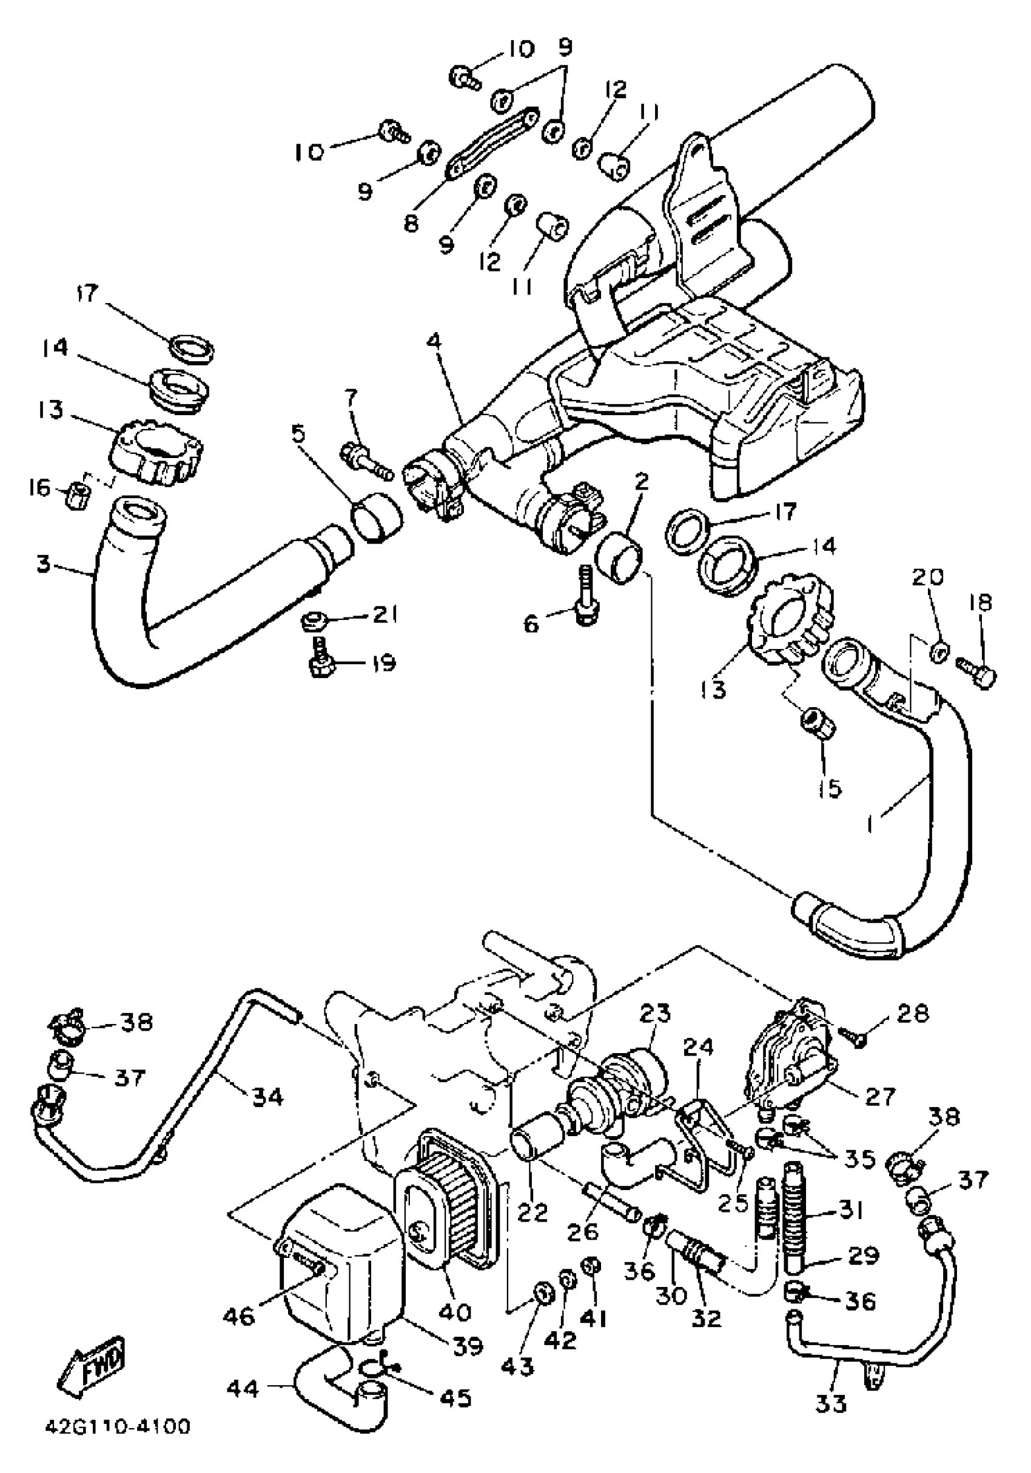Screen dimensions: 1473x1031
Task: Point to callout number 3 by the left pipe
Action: (x=43, y=565)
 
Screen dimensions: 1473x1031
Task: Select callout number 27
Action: (x=880, y=1096)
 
